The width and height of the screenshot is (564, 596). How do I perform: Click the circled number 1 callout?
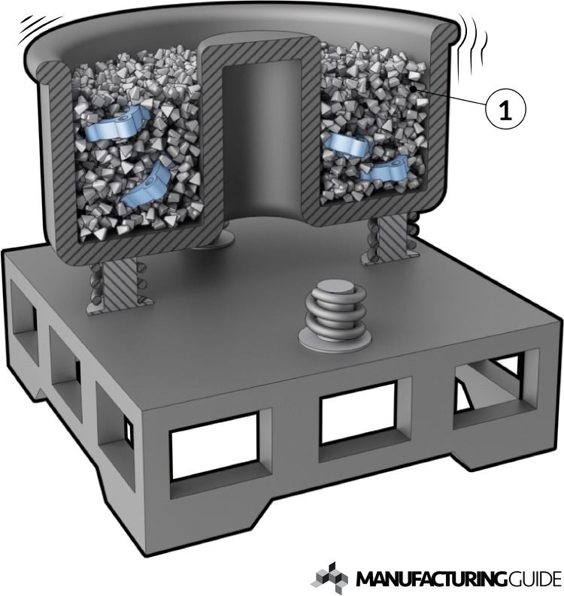(506, 109)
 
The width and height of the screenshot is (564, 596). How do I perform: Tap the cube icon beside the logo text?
(331, 577)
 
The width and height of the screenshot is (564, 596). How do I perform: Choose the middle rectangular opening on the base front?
(353, 416)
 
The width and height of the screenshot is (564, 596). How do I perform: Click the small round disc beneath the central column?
(208, 242)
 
